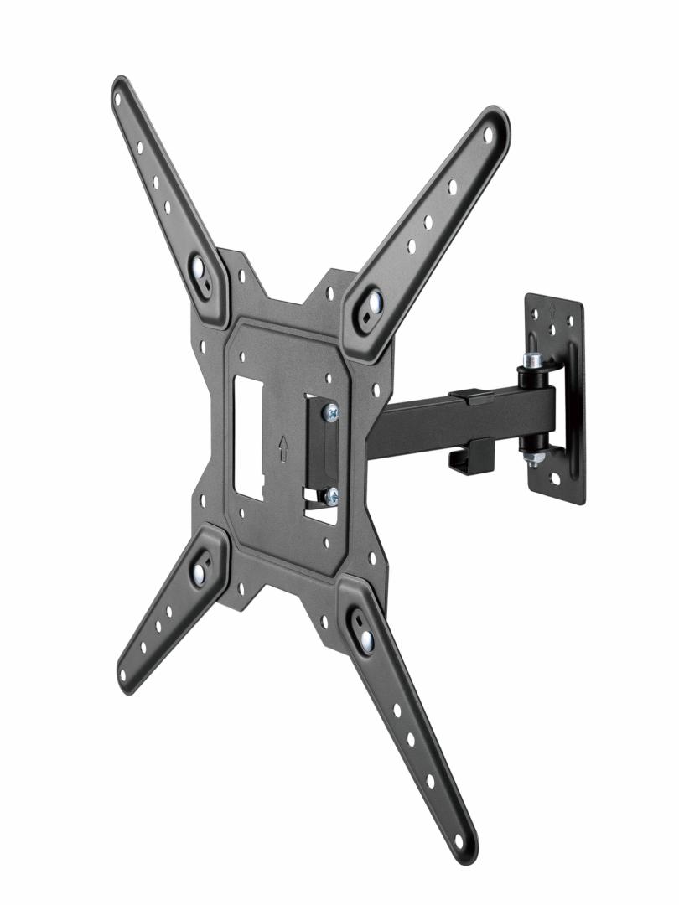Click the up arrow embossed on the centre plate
click(x=284, y=449)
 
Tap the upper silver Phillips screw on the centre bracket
click(x=332, y=411)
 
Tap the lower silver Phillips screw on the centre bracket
click(x=332, y=495)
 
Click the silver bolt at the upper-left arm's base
click(x=199, y=270)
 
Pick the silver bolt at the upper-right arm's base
click(x=372, y=301)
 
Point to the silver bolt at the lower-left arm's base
click(x=199, y=572)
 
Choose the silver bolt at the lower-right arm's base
click(x=366, y=640)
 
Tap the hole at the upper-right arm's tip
click(x=489, y=133)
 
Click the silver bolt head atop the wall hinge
click(x=531, y=361)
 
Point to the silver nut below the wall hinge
click(x=531, y=458)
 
